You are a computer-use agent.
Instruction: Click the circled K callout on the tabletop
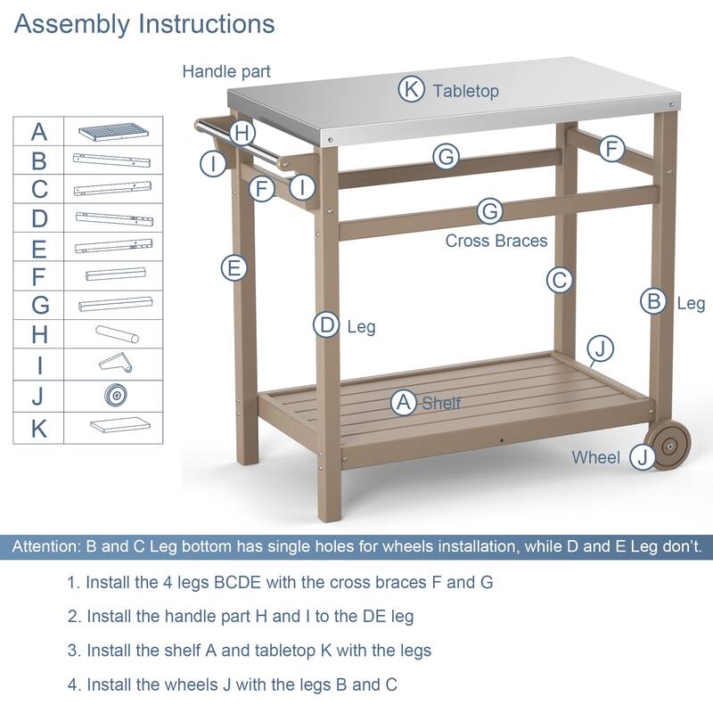(x=411, y=89)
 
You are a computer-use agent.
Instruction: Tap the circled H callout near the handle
(x=242, y=134)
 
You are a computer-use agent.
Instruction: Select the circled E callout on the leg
(x=234, y=267)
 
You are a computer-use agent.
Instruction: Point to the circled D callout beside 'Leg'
(x=327, y=325)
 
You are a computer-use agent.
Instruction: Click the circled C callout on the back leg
(x=559, y=280)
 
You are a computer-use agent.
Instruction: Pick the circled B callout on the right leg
(x=654, y=301)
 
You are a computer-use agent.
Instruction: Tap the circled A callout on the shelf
(x=405, y=403)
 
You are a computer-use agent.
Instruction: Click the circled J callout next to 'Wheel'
(x=642, y=457)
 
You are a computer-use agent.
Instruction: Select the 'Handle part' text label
(x=226, y=70)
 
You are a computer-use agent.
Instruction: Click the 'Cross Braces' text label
(x=496, y=241)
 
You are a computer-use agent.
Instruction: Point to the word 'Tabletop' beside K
(x=466, y=90)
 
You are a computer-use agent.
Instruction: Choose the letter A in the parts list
(x=39, y=133)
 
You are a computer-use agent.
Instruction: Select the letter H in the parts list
(x=39, y=334)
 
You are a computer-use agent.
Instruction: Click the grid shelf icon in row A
(x=113, y=133)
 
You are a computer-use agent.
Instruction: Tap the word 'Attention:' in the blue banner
(x=45, y=546)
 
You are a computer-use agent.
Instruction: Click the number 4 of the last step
(x=72, y=684)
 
